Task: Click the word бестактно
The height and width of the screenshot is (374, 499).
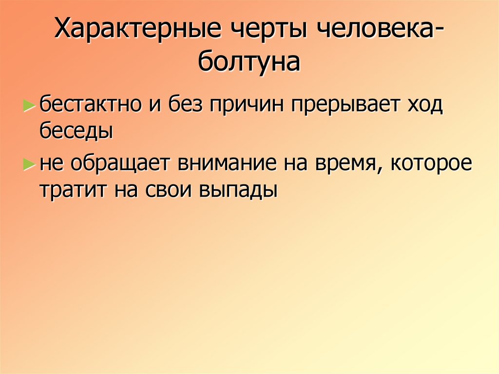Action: pyautogui.click(x=95, y=106)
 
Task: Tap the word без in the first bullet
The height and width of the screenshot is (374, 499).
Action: pyautogui.click(x=187, y=106)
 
